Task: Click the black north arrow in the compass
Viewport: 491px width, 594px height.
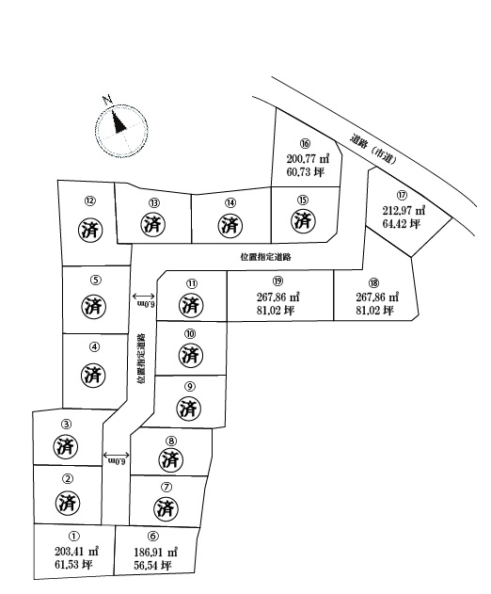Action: [x=119, y=122]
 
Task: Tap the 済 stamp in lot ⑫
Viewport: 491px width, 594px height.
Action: [x=91, y=230]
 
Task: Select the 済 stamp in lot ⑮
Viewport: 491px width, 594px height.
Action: [x=303, y=221]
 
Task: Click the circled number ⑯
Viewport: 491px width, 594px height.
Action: [x=305, y=144]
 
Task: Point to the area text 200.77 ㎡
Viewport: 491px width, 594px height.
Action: [x=309, y=158]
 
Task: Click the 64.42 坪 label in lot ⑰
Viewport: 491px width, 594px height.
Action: [x=401, y=223]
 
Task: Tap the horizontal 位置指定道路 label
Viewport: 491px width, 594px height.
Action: [x=266, y=257]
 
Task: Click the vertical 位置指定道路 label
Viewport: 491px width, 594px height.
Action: [x=141, y=359]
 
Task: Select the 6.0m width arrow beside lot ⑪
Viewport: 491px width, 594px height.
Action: [x=144, y=296]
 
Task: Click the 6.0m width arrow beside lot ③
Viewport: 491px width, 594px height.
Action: [x=117, y=455]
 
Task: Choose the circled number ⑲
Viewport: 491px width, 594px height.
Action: [x=277, y=281]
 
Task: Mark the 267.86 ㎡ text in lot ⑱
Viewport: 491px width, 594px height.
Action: [x=378, y=297]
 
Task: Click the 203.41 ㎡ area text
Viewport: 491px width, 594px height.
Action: [x=77, y=551]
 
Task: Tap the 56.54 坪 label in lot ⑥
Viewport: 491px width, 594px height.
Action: [x=152, y=566]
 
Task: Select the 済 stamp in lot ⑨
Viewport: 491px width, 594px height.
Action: [x=188, y=408]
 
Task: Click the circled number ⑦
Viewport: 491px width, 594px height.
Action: [x=166, y=488]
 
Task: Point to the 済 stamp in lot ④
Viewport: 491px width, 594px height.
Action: [x=93, y=375]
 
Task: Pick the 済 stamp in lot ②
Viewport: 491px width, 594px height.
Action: [x=68, y=503]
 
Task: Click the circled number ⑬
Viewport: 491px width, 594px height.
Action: [x=153, y=203]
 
